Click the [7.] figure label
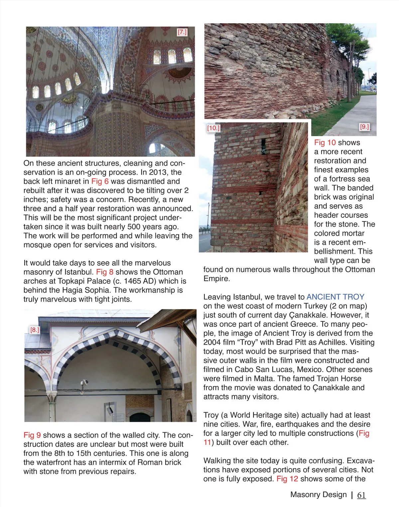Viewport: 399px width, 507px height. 182,32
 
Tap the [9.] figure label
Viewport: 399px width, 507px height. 364,127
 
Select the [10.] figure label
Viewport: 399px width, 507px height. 213,128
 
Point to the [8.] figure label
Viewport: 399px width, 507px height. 35,330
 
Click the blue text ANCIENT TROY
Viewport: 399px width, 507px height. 335,297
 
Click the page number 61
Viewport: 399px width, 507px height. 361,495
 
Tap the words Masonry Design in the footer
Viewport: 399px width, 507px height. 318,495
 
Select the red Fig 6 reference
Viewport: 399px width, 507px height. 100,182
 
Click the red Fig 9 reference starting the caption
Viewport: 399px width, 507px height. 32,435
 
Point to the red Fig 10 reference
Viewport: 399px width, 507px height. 325,143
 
